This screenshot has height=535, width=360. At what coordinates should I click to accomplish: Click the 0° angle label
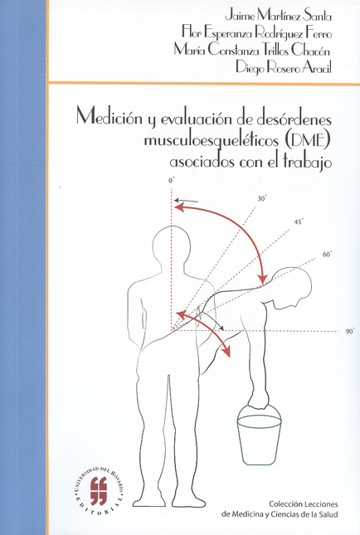click(171, 181)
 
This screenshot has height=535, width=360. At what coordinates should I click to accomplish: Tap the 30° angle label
click(262, 198)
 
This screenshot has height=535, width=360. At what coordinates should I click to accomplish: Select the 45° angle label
click(299, 221)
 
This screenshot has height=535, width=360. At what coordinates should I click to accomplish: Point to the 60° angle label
click(328, 254)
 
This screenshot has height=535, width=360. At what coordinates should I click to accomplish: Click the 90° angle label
click(350, 331)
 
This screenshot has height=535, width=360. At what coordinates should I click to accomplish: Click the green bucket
click(260, 434)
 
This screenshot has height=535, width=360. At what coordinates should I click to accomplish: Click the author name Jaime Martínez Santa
click(278, 16)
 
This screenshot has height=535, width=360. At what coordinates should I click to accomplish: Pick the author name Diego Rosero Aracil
click(284, 67)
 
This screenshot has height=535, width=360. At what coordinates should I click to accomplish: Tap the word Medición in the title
click(105, 118)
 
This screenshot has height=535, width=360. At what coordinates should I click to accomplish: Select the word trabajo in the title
click(308, 162)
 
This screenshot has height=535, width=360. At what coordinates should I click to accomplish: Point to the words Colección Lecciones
click(304, 504)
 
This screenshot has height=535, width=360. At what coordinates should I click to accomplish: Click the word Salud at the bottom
click(329, 513)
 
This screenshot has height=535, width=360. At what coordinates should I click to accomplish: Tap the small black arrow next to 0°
click(186, 200)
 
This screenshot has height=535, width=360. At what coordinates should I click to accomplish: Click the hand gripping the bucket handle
click(258, 401)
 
